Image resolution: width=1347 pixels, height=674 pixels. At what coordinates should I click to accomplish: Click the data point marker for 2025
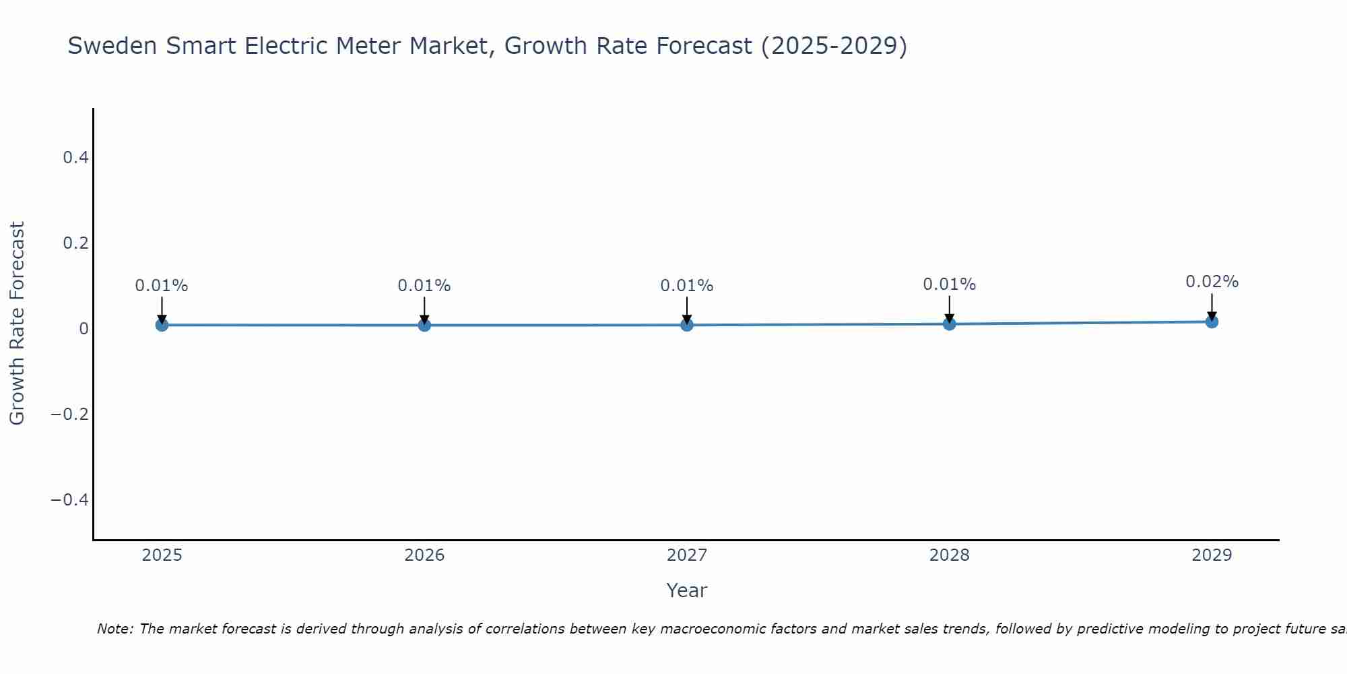(162, 325)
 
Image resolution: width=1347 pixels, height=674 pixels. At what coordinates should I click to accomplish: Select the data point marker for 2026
(424, 325)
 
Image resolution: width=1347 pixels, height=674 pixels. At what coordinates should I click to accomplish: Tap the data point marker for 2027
(687, 325)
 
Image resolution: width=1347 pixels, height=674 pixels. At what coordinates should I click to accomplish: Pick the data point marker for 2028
(949, 324)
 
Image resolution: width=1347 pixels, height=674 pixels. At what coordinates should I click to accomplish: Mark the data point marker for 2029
(1212, 321)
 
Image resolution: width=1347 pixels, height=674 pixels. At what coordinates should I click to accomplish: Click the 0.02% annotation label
(1212, 282)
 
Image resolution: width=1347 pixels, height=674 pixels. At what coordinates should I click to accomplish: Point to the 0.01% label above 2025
(162, 286)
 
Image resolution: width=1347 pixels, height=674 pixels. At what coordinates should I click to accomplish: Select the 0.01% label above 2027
(687, 286)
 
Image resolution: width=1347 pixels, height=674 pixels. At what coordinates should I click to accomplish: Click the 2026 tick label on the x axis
(424, 555)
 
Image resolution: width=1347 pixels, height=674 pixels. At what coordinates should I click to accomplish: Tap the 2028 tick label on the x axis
(949, 555)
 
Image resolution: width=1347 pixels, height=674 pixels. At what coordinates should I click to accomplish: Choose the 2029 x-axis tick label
(1212, 555)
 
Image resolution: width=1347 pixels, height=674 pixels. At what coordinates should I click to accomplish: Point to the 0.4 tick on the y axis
(75, 158)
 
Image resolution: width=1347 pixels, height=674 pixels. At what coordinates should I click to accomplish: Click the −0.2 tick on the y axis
(70, 414)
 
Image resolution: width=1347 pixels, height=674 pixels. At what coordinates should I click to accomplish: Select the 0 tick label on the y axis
(84, 329)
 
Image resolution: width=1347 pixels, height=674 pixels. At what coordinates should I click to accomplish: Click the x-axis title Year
(686, 590)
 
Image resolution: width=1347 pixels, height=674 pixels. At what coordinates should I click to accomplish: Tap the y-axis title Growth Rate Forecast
(17, 324)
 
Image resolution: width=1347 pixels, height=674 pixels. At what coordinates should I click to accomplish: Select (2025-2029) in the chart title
(834, 46)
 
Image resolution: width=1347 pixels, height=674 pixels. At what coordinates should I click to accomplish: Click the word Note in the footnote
(114, 629)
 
